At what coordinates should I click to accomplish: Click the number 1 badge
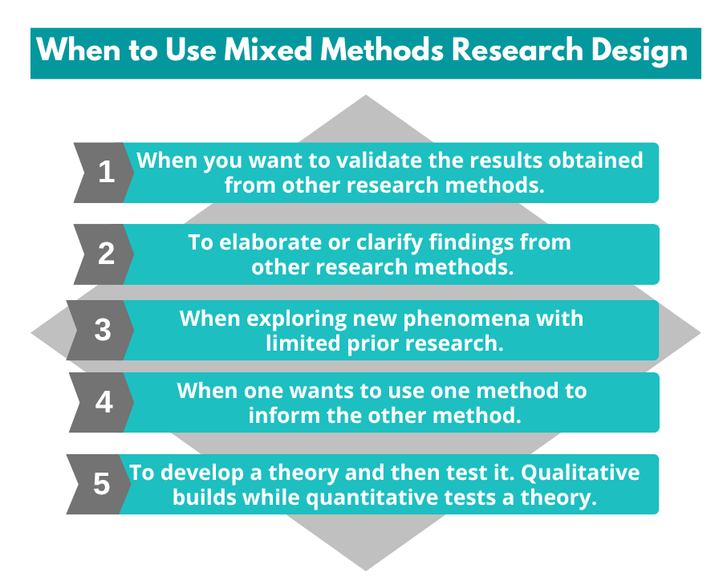[x=106, y=172]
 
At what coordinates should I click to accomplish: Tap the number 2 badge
[x=106, y=254]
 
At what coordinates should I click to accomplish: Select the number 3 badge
[x=103, y=330]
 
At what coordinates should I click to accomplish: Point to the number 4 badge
[x=104, y=401]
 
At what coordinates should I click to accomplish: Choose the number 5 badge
[x=101, y=484]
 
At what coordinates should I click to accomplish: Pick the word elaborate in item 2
[x=256, y=242]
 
